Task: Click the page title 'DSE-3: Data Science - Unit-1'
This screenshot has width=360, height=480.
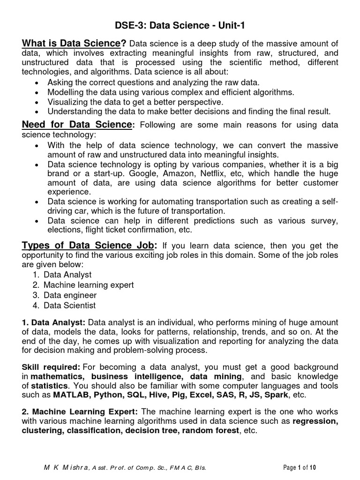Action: pos(180,27)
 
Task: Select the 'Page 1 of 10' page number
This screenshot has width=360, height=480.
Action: pos(303,468)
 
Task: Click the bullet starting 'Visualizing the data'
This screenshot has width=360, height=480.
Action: pos(135,102)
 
